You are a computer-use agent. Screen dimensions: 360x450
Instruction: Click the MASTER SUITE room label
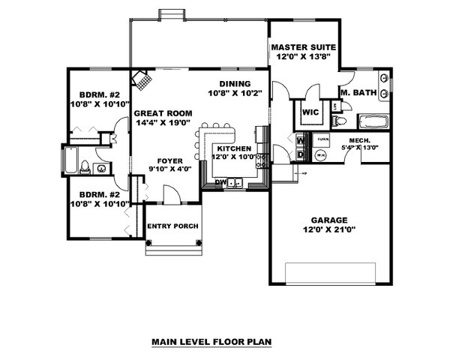pos(303,47)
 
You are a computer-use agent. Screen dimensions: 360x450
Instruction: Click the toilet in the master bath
pos(339,121)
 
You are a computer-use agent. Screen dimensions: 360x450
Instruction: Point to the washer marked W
pos(300,140)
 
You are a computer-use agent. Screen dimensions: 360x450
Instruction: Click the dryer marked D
pos(300,154)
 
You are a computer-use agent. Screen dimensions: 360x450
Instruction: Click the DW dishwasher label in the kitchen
pos(220,181)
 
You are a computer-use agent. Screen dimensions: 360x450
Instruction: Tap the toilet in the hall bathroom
pos(85,167)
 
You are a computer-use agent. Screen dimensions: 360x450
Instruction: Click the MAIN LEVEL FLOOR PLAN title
pos(211,341)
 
